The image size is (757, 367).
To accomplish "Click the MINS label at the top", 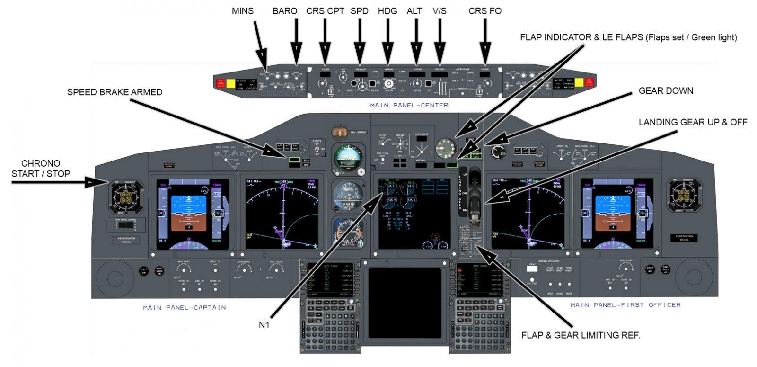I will click(243, 11).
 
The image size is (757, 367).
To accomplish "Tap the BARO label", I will click(285, 11).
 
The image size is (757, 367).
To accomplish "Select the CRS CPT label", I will click(325, 11).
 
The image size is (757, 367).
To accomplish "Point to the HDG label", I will click(388, 11).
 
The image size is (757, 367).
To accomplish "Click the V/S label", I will click(439, 11).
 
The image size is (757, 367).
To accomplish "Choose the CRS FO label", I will click(485, 11).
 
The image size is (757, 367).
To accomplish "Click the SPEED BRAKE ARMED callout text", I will click(114, 92).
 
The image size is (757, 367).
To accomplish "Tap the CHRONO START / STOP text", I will click(41, 169).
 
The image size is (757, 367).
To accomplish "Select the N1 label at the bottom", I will click(264, 325).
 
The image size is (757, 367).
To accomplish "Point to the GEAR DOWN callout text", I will click(666, 91).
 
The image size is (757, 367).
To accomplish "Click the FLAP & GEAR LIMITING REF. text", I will click(581, 335).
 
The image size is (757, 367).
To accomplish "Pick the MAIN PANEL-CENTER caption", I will click(409, 105).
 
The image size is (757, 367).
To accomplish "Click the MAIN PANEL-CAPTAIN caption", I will click(185, 308).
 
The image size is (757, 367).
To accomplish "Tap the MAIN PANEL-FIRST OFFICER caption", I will click(625, 305).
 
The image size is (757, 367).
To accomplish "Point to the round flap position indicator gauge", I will click(446, 148).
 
